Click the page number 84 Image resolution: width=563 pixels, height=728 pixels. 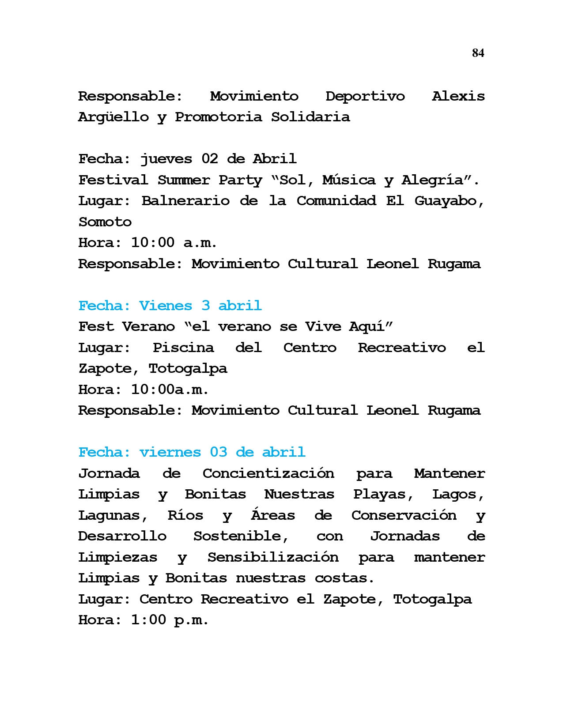point(478,53)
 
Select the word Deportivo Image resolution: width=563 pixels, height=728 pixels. point(365,97)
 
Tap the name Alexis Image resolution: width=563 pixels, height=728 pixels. point(458,97)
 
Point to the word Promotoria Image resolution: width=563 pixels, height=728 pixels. point(218,117)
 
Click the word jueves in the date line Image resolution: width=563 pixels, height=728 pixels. point(166,159)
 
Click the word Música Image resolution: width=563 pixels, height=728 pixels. point(348,180)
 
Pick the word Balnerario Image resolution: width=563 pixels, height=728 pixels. point(185,201)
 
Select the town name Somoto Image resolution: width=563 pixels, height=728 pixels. point(105,222)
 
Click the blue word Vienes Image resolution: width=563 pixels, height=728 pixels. point(166,306)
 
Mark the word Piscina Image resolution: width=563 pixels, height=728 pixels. point(183,348)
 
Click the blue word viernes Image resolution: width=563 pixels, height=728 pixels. point(170,453)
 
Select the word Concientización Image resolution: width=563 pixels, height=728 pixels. point(268,473)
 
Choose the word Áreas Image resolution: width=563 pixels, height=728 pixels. point(273,515)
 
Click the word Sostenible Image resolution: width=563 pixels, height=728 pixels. point(241,537)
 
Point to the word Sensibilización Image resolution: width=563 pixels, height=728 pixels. point(273,557)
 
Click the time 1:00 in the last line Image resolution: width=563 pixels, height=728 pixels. point(148,620)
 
